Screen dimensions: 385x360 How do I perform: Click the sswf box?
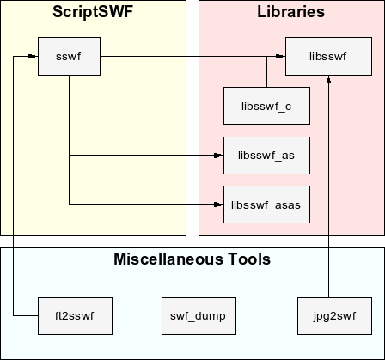point(69,56)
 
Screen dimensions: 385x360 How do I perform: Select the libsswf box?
point(328,56)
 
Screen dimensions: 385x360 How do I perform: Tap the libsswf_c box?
point(266,106)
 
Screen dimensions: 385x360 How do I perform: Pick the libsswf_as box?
point(266,156)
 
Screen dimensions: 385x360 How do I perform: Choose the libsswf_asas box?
point(266,204)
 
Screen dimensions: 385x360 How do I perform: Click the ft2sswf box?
point(75,316)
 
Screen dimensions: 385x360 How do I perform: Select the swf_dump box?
point(199,316)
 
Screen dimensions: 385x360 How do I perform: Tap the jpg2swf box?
point(334,316)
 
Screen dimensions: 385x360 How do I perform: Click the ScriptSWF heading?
point(93,12)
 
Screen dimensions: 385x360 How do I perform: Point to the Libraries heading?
point(291,12)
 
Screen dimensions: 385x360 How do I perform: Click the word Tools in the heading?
point(249,259)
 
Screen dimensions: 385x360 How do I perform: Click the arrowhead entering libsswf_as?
point(219,156)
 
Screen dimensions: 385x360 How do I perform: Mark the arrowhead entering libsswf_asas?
point(219,204)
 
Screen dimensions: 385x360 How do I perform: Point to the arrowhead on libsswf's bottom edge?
point(329,80)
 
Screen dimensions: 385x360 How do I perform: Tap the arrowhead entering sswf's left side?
point(34,56)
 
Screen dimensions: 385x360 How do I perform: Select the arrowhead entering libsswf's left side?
point(281,56)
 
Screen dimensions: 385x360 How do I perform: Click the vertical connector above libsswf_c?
point(266,71)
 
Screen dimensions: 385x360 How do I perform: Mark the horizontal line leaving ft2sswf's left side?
point(26,316)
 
